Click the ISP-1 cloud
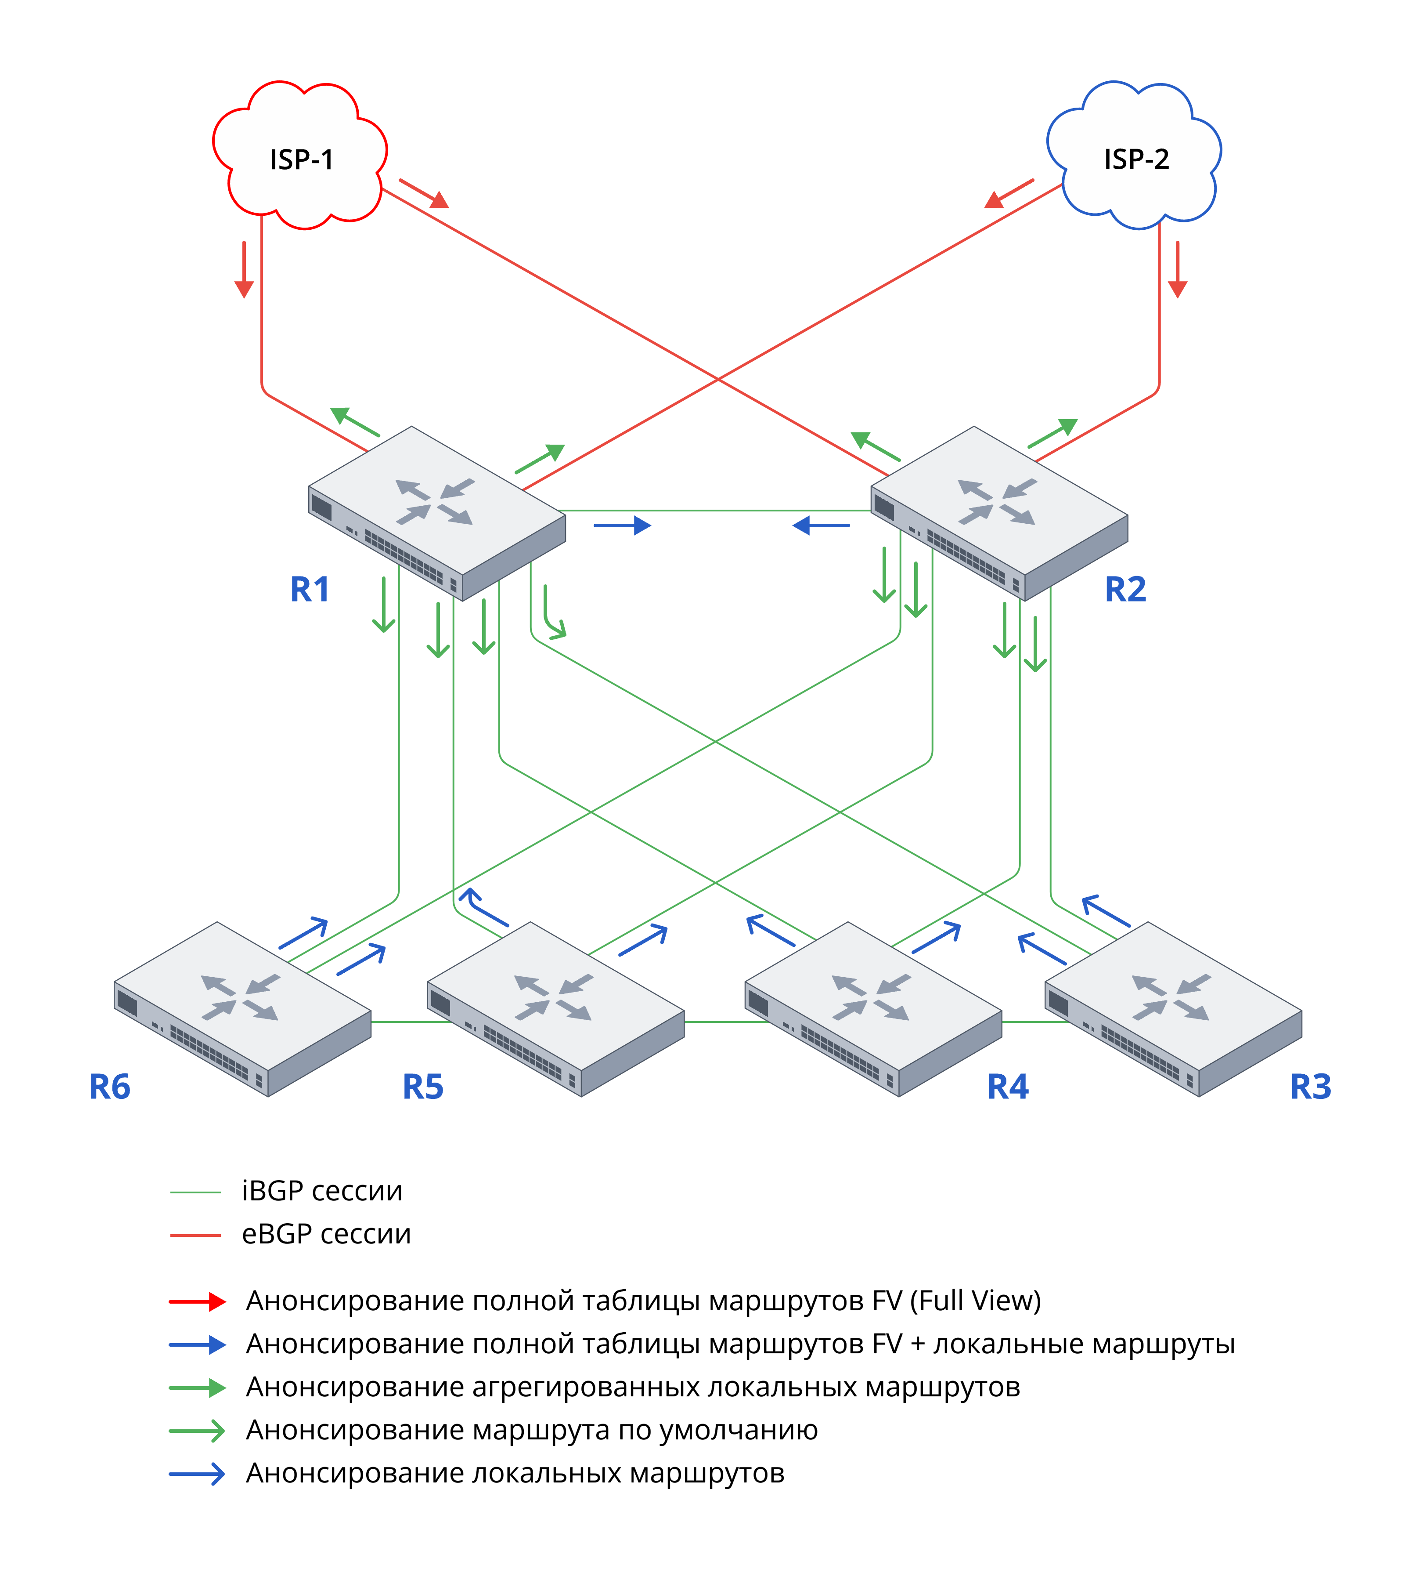(300, 156)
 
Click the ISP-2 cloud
(1135, 156)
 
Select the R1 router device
(437, 511)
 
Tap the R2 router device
(998, 511)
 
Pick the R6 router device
(242, 1007)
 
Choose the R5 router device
(555, 1007)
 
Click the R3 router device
(1173, 1007)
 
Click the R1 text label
(310, 589)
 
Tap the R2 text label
(1125, 589)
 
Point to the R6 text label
(109, 1087)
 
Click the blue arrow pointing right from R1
(622, 525)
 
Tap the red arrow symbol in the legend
(198, 1301)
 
